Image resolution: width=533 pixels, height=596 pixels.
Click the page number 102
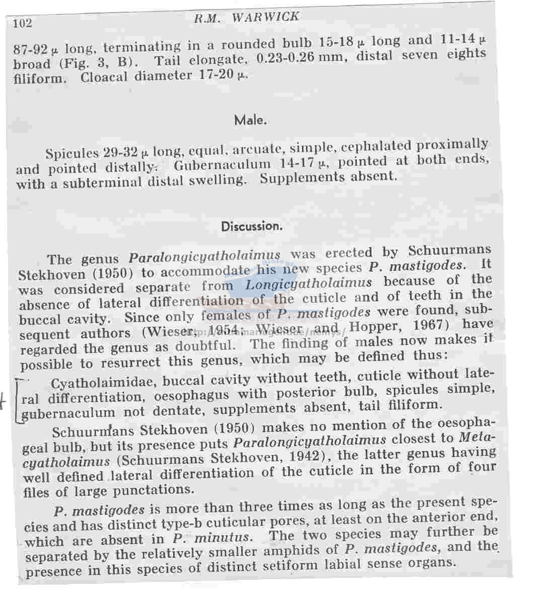pyautogui.click(x=23, y=23)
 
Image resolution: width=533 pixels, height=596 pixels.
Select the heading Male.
pyautogui.click(x=250, y=120)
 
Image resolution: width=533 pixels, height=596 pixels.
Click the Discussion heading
pyautogui.click(x=252, y=226)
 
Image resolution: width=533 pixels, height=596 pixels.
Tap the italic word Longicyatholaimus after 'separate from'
pyautogui.click(x=308, y=284)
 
